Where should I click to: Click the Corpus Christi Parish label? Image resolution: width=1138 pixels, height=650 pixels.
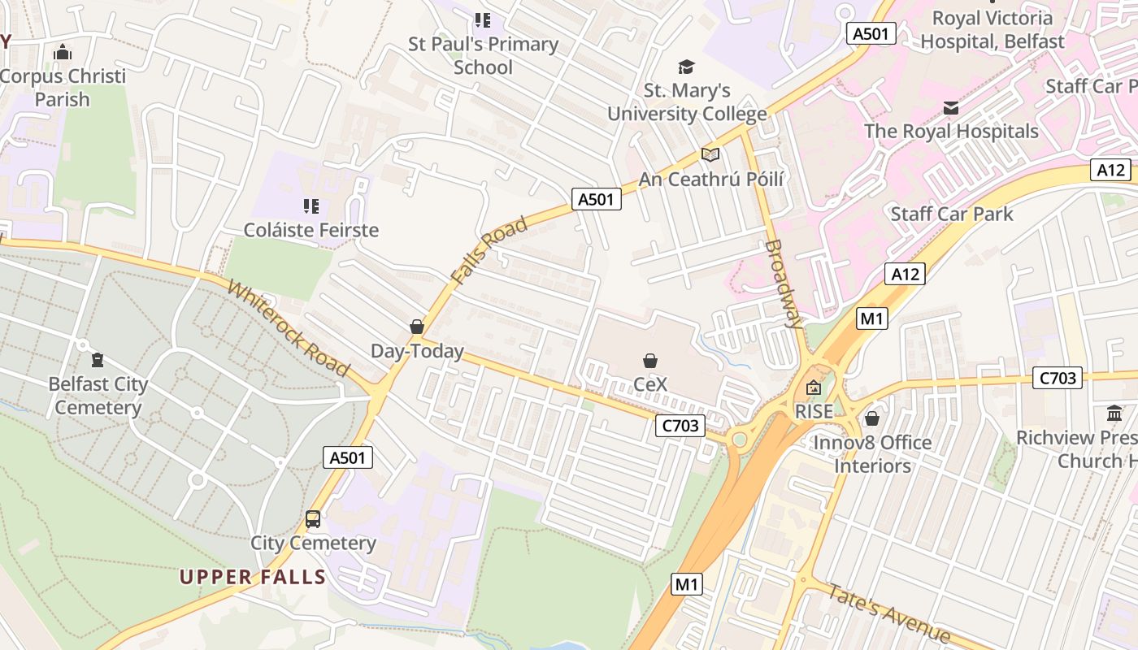tap(63, 88)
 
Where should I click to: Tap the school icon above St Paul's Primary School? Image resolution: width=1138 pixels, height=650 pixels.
tap(483, 19)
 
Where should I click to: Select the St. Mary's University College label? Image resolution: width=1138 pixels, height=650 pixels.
tap(687, 102)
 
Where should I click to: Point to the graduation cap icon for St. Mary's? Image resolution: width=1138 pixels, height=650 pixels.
tap(687, 67)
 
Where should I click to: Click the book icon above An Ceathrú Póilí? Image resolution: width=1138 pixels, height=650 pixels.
tap(710, 154)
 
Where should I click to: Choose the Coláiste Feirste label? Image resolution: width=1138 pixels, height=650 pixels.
tap(311, 230)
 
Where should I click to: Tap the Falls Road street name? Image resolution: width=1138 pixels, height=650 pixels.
tap(489, 250)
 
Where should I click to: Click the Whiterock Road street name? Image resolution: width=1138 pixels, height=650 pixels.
tap(289, 328)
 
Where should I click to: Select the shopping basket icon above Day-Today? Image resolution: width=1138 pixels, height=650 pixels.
tap(417, 327)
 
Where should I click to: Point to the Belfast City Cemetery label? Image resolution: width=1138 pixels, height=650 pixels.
tap(98, 396)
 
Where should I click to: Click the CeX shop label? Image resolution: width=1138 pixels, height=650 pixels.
tap(650, 384)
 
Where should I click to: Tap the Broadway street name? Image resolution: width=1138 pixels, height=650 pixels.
tap(784, 283)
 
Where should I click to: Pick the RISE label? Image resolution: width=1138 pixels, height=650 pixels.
tap(814, 411)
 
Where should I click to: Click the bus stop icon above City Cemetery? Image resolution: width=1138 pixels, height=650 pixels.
tap(313, 518)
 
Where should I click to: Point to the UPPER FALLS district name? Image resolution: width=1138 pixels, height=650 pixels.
tap(253, 578)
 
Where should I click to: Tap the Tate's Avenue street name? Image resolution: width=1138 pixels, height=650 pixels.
tap(888, 613)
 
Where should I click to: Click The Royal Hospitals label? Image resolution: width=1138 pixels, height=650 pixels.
tap(951, 131)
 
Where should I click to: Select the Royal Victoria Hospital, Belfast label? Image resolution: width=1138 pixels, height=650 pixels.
tap(992, 30)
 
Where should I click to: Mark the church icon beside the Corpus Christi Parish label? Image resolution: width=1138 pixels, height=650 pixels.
tap(63, 53)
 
